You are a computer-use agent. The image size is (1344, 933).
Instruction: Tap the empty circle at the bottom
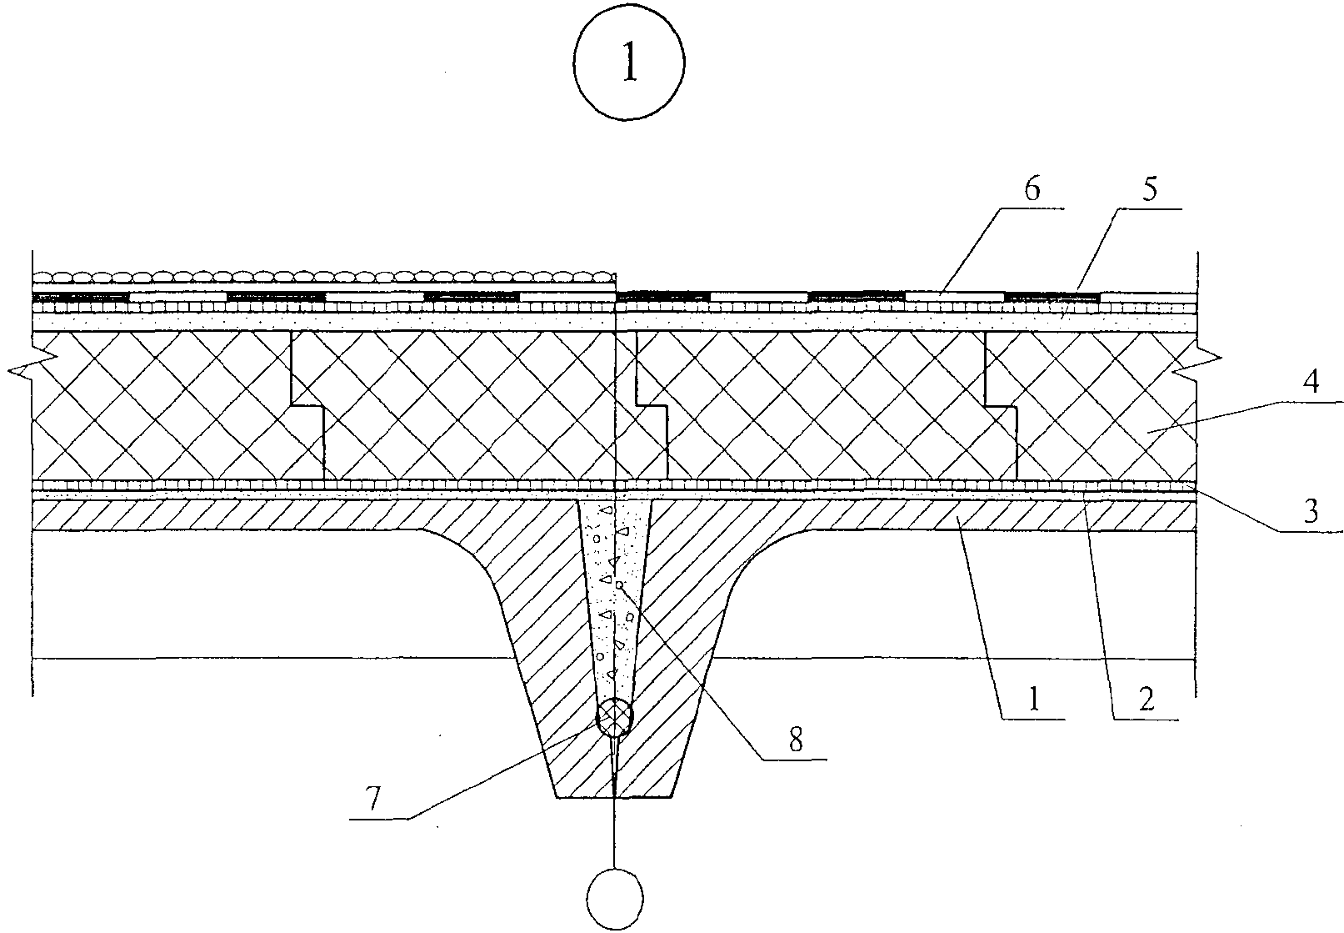click(615, 900)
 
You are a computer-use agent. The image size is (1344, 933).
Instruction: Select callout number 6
click(1032, 190)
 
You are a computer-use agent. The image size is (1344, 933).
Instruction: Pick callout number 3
click(1311, 510)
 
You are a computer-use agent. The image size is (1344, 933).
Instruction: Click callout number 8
click(795, 740)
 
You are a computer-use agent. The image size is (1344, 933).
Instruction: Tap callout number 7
click(374, 799)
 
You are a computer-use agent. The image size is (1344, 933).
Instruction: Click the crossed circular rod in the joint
click(615, 715)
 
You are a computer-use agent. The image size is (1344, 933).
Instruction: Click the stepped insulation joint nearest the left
click(307, 407)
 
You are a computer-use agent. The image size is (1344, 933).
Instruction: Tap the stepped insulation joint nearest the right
click(1000, 407)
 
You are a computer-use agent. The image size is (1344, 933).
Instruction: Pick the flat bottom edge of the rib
click(615, 798)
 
